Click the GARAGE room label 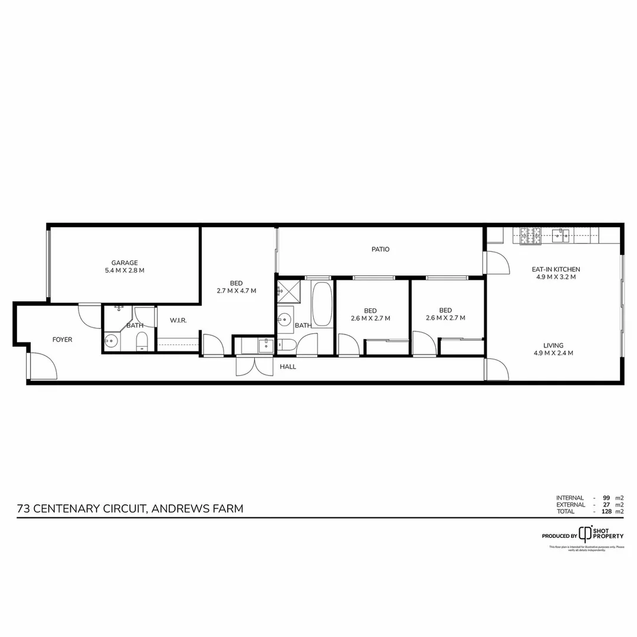[x=124, y=263]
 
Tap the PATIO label [x=380, y=249]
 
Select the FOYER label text [x=63, y=340]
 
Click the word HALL [x=288, y=367]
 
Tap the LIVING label [x=553, y=346]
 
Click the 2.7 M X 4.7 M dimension [x=237, y=291]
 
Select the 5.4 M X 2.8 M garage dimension [x=124, y=271]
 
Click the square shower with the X [x=289, y=290]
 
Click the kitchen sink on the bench [x=560, y=237]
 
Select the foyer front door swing [x=42, y=366]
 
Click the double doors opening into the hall [x=254, y=366]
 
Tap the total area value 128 [x=604, y=511]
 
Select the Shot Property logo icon [x=585, y=534]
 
